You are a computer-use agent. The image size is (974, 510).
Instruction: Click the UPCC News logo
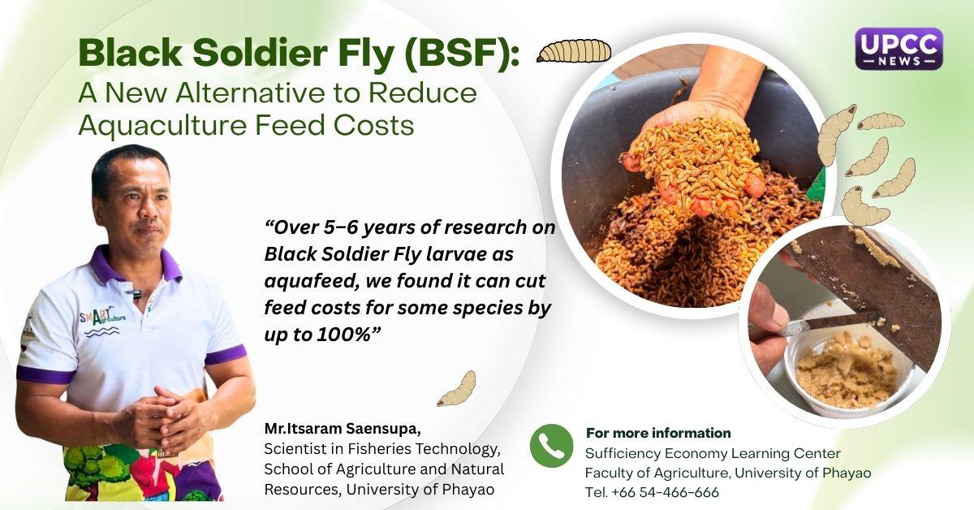tap(899, 49)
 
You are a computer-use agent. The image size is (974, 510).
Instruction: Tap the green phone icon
tap(551, 446)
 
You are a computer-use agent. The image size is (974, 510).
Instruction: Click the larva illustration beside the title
tap(574, 50)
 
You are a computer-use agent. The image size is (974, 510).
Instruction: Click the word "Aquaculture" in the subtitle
tap(162, 125)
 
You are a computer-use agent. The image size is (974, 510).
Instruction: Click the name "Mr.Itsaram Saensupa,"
tap(343, 429)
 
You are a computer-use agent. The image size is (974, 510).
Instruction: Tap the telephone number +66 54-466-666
tap(665, 492)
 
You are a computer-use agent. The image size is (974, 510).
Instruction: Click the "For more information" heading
tap(658, 433)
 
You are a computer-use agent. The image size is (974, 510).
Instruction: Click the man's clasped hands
tap(166, 418)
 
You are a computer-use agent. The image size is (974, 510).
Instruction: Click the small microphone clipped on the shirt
tap(136, 293)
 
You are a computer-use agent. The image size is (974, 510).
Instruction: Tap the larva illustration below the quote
tap(456, 389)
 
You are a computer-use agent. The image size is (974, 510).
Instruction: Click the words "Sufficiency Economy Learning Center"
tap(713, 453)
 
